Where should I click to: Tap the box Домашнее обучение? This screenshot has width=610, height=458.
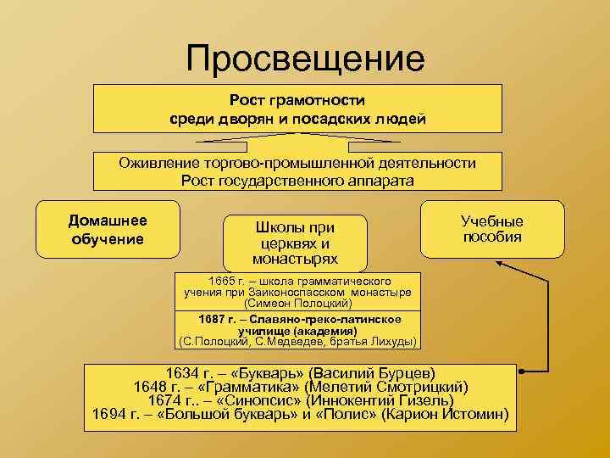[x=108, y=229]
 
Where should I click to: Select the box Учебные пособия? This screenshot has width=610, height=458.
[x=491, y=228]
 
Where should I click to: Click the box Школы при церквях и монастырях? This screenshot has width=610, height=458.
[x=295, y=243]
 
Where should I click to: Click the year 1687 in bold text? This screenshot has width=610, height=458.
[x=212, y=319]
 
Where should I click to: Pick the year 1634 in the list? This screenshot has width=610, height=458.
[x=183, y=372]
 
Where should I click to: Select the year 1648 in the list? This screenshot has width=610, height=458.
[x=152, y=387]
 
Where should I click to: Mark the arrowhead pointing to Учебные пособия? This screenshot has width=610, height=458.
[x=500, y=264]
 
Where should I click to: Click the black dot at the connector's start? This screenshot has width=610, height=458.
[x=520, y=371]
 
